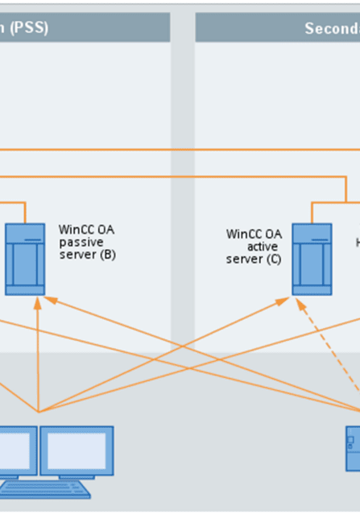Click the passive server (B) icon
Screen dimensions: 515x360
click(25, 258)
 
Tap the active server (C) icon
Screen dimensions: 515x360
click(311, 259)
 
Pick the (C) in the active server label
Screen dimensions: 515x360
click(272, 260)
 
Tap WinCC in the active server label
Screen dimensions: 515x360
click(243, 234)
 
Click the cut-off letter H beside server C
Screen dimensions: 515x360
click(358, 242)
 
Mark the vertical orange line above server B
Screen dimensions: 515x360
click(26, 211)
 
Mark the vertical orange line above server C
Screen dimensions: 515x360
click(312, 211)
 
